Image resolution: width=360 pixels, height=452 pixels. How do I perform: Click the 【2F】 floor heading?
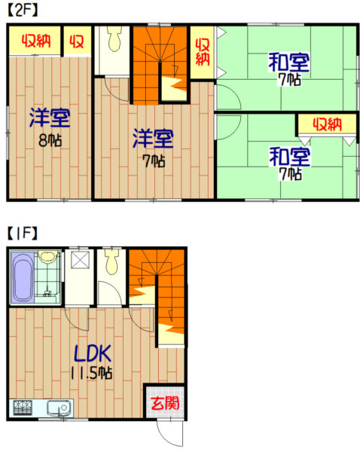pyautogui.click(x=23, y=11)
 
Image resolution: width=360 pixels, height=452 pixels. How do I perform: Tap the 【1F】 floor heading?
pyautogui.click(x=22, y=234)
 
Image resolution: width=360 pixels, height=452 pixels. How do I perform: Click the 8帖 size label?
pyautogui.click(x=50, y=140)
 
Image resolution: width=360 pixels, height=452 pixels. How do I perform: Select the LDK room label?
pyautogui.click(x=93, y=353)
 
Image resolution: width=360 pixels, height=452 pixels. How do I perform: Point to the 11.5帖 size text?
pyautogui.click(x=91, y=374)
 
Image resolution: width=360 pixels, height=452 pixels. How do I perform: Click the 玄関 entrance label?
pyautogui.click(x=165, y=403)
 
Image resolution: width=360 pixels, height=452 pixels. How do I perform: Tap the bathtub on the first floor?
pyautogui.click(x=23, y=277)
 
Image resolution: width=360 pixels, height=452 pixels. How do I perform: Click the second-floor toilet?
pyautogui.click(x=114, y=39)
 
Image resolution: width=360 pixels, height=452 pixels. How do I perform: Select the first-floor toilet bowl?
pyautogui.click(x=111, y=262)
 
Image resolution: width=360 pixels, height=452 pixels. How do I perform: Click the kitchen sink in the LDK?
pyautogui.click(x=59, y=408)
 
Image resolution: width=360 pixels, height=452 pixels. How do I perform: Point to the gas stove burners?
pyautogui.click(x=23, y=408)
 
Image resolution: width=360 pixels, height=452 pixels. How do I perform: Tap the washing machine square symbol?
pyautogui.click(x=80, y=259)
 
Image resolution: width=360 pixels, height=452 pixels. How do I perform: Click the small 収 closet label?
pyautogui.click(x=77, y=41)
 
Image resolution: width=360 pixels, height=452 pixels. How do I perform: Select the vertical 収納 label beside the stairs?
pyautogui.click(x=203, y=52)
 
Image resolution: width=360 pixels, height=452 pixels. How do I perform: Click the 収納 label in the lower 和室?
pyautogui.click(x=328, y=125)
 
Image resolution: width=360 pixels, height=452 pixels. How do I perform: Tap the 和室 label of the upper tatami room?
pyautogui.click(x=288, y=63)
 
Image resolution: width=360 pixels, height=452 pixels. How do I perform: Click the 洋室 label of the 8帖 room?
pyautogui.click(x=50, y=118)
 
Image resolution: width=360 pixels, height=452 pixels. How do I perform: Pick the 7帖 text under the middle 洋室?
pyautogui.click(x=154, y=161)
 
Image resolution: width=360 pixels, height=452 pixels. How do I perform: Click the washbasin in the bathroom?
pyautogui.click(x=48, y=255)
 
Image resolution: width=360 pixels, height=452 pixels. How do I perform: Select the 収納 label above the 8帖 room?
pyautogui.click(x=37, y=41)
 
